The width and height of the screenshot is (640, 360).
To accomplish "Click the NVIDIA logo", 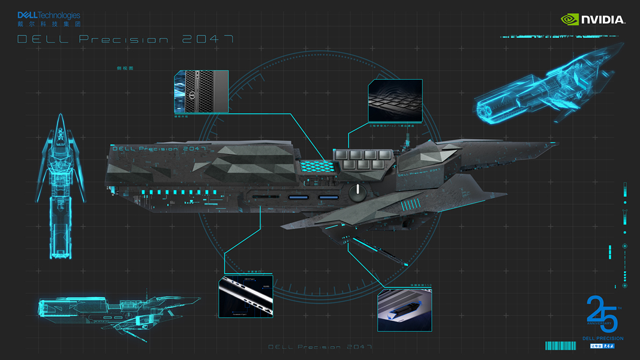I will tap(593, 19).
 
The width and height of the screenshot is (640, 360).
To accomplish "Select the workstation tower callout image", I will tap(201, 91).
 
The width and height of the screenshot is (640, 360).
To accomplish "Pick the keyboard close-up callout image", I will tap(395, 100).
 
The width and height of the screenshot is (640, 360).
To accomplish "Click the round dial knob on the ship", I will tap(357, 192).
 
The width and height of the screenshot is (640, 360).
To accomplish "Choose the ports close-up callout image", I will tap(245, 296).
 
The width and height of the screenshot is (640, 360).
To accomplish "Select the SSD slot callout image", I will tap(404, 310).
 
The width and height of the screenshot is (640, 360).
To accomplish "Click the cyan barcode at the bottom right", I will tap(560, 346).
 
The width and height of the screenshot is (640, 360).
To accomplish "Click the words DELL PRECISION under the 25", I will tap(603, 338).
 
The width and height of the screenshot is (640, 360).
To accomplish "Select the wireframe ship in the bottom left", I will tap(114, 310).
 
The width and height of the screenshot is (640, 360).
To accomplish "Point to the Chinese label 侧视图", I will tap(125, 68).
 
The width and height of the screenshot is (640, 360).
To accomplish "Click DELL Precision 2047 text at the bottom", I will tap(320, 347).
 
